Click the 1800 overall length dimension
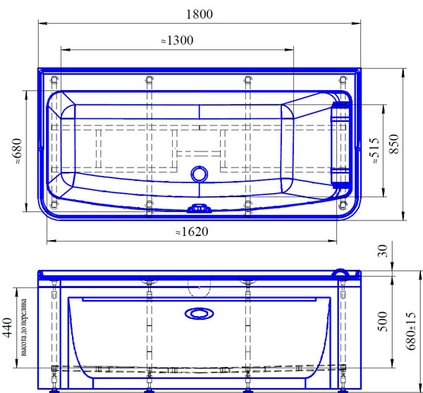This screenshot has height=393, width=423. pos(200,14)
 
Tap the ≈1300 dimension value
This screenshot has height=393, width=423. pos(177,40)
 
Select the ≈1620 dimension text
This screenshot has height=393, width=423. pos(192,232)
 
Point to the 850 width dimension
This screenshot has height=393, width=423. pos(394,144)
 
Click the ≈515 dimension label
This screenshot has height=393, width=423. pos(374,150)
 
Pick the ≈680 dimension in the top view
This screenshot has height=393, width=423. pos(17,151)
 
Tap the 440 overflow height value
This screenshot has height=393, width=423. pos(7,327)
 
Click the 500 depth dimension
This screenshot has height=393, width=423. pos(382,322)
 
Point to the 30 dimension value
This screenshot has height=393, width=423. pos(383,251)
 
